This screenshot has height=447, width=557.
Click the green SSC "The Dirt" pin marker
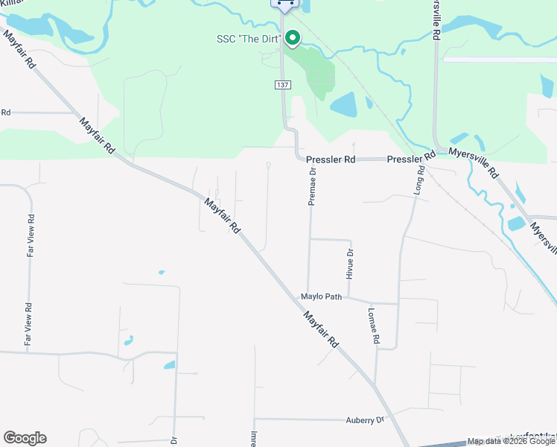pyautogui.click(x=293, y=37)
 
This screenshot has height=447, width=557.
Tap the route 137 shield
pyautogui.click(x=282, y=86)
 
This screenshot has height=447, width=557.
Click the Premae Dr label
pyautogui.click(x=313, y=186)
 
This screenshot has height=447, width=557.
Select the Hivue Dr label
pyautogui.click(x=349, y=264)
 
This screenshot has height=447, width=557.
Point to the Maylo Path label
pyautogui.click(x=321, y=297)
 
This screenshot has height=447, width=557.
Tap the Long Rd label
pyautogui.click(x=420, y=180)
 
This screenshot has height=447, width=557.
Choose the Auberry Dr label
pyautogui.click(x=364, y=420)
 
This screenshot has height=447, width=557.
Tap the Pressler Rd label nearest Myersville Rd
pyautogui.click(x=411, y=159)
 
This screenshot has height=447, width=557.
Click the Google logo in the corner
pyautogui.click(x=25, y=438)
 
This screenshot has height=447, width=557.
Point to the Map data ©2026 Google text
pyautogui.click(x=511, y=441)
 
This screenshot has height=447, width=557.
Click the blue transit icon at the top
pyautogui.click(x=283, y=4)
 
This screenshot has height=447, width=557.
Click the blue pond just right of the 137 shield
pyautogui.click(x=343, y=104)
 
